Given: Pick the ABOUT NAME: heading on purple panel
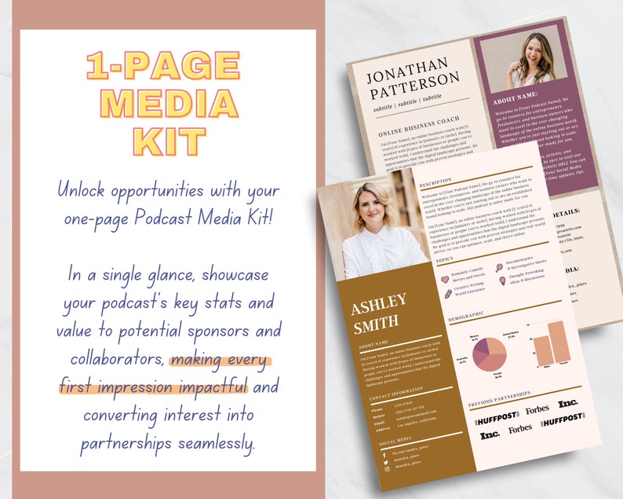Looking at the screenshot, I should coord(518,101).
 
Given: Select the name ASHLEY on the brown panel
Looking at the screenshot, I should coord(378,302).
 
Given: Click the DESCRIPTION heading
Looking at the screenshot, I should coord(437,181).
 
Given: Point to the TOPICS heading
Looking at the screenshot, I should coord(444,259).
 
